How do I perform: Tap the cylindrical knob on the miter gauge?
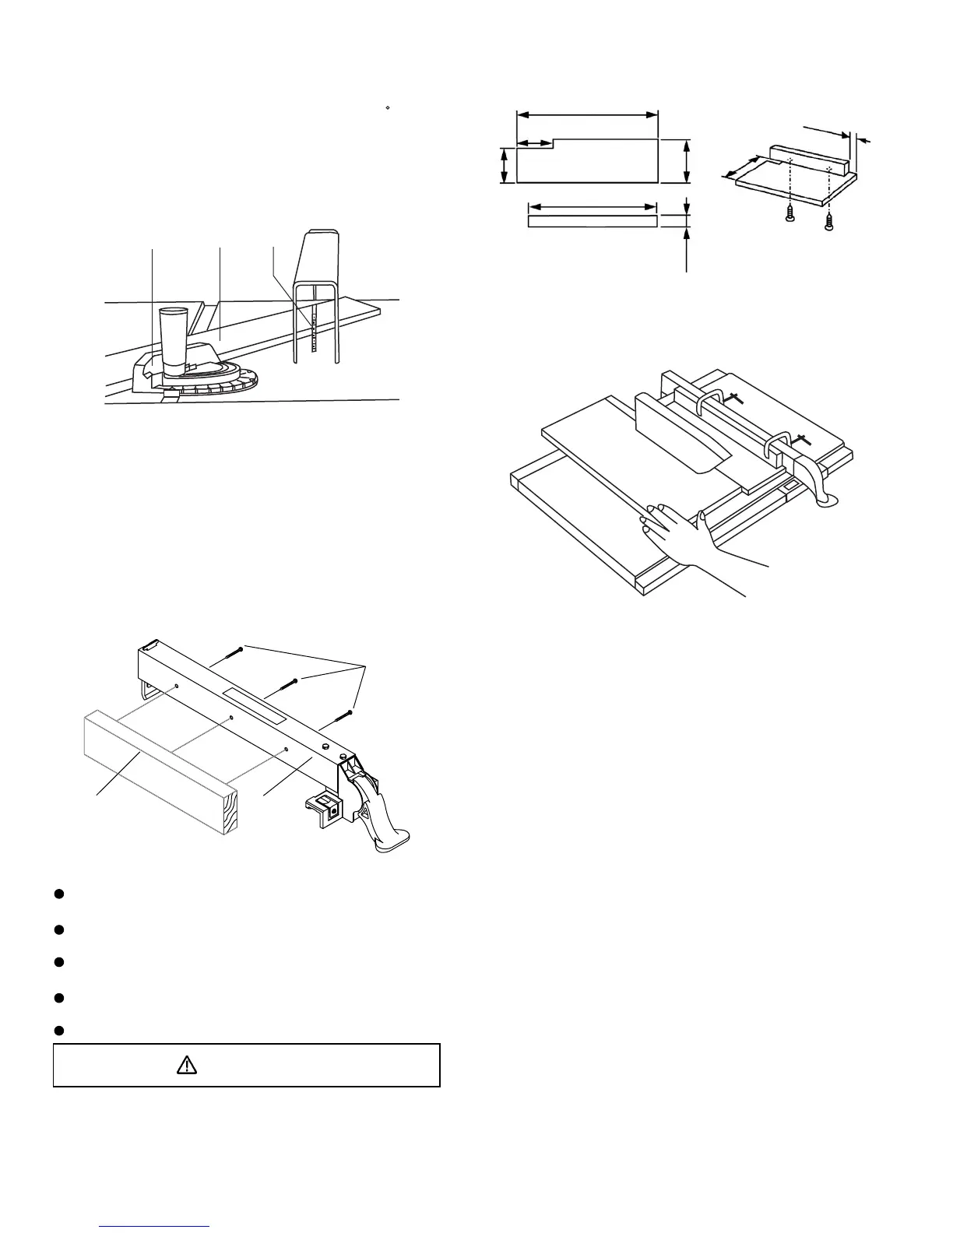tap(173, 339)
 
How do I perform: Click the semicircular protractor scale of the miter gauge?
tap(226, 384)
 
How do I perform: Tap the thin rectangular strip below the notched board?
tap(592, 221)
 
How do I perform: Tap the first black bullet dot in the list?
tap(58, 893)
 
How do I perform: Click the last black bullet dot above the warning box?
tap(58, 1030)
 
